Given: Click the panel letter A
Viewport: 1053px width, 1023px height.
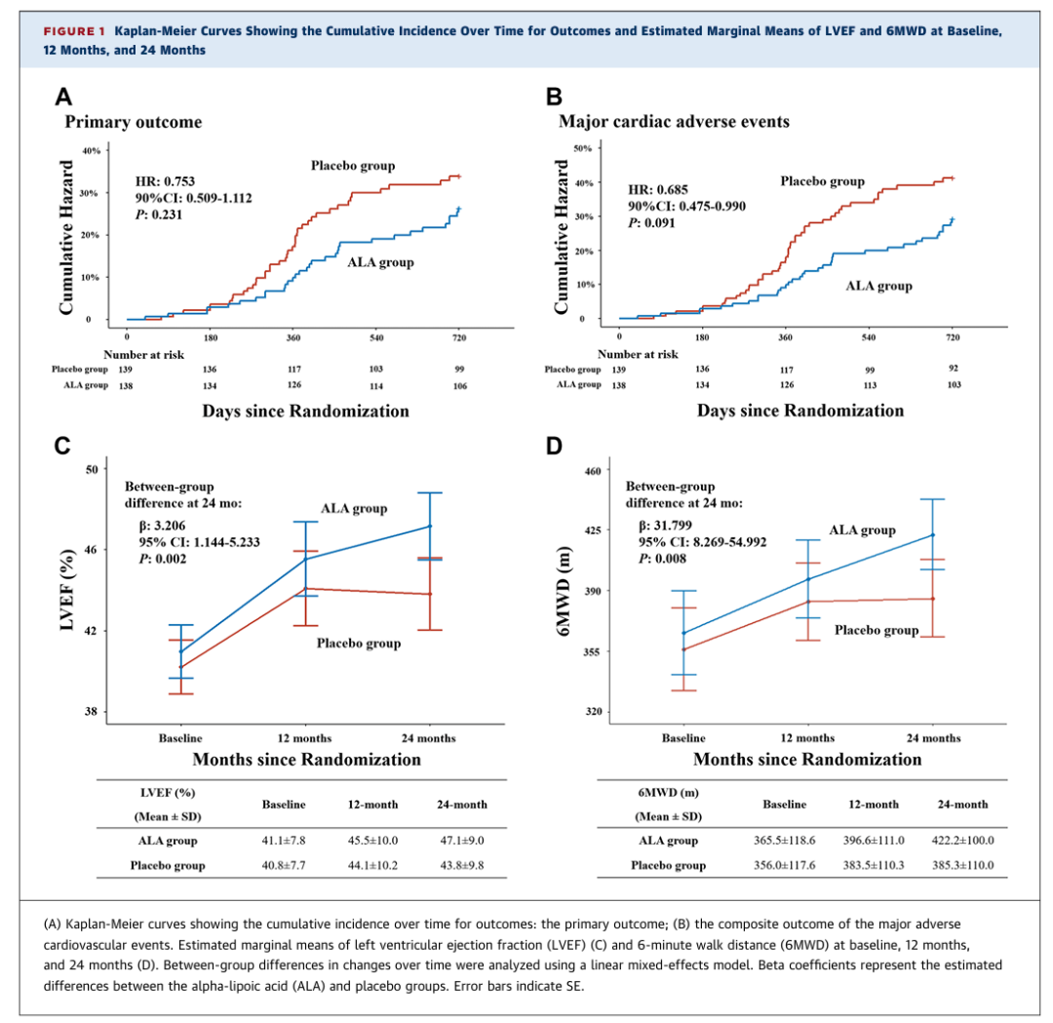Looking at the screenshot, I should click(64, 97).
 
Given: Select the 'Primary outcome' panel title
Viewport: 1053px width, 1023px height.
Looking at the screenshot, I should click(134, 123).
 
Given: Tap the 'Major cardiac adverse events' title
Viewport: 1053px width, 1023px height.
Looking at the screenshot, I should click(674, 123).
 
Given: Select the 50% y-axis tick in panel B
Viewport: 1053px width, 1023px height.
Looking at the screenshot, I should click(583, 147).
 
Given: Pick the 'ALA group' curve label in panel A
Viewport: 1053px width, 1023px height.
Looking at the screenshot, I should click(380, 262).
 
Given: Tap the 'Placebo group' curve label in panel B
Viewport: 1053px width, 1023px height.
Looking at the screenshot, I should click(822, 181).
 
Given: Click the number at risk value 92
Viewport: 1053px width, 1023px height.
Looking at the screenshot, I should click(954, 369).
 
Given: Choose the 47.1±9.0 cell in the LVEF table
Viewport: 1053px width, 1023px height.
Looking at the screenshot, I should click(462, 841).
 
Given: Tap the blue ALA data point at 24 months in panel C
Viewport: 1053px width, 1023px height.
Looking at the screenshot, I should click(429, 527).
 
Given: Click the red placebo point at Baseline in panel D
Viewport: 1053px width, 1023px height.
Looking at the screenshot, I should click(683, 649).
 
